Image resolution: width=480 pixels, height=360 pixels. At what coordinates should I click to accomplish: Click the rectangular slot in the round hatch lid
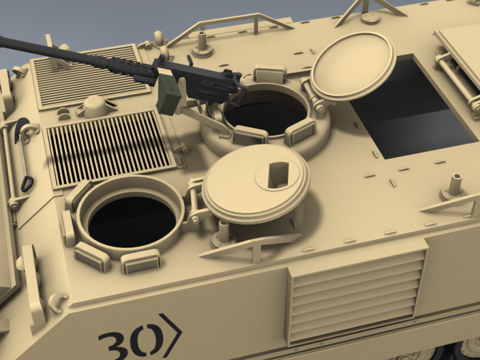tap(278, 175)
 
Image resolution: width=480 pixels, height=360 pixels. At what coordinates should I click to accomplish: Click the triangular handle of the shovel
tap(27, 184)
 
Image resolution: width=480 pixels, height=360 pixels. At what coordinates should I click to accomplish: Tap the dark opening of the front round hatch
tap(132, 222)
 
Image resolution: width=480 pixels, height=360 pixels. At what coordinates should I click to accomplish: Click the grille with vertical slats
tap(109, 149)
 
